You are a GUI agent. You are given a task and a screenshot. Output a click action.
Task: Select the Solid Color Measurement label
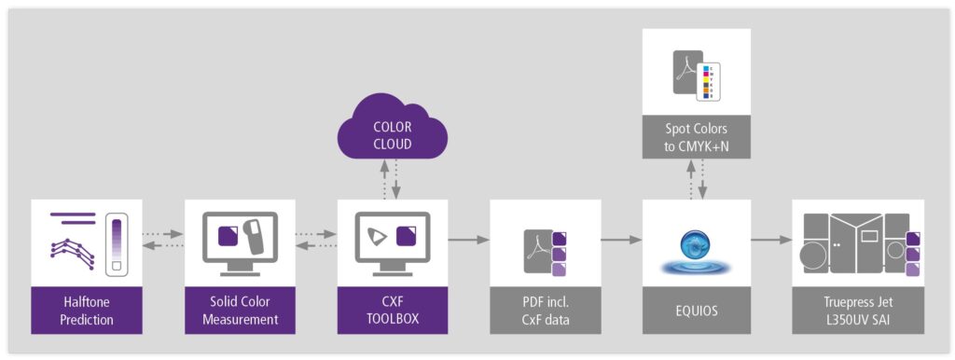[239, 311]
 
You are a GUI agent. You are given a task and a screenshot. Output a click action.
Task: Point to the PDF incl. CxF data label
[544, 311]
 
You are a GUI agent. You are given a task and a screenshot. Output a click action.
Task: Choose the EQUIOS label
[696, 311]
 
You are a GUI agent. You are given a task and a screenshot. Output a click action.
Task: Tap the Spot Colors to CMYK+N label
[696, 139]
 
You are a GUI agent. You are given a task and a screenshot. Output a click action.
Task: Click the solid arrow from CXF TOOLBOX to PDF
[467, 240]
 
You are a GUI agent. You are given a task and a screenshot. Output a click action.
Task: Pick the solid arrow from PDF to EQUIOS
[620, 240]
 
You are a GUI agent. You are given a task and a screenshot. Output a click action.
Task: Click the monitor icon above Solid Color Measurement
[239, 241]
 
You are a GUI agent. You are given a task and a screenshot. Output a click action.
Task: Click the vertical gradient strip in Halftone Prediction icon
[117, 242]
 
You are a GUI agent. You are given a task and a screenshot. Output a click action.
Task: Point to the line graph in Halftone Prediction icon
[74, 250]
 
